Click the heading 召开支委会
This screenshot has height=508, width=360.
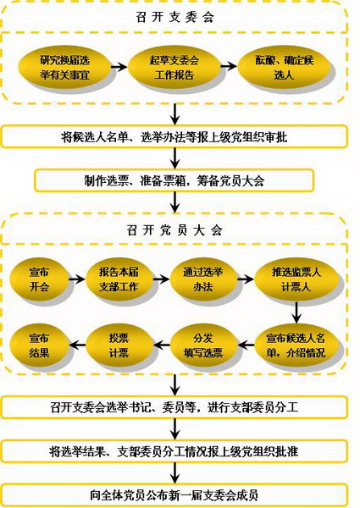174,17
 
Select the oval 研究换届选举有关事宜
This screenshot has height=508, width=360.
65,68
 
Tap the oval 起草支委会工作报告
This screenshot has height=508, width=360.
174,68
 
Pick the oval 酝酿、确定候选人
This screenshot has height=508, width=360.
284,68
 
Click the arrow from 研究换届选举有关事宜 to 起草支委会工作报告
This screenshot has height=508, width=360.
119,67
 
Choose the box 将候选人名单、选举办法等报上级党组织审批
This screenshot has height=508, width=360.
174,137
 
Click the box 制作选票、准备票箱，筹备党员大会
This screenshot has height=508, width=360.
174,180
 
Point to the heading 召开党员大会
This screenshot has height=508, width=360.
174,230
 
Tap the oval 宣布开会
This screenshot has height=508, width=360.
40,279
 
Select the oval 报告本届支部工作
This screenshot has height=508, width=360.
119,279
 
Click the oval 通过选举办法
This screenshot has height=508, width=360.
203,279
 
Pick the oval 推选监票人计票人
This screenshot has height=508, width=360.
296,279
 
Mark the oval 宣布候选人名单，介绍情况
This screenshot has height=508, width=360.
296,345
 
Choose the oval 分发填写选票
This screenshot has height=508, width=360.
203,345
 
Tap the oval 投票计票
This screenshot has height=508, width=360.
119,345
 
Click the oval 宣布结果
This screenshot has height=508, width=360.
40,345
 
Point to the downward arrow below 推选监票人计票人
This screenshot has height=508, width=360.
296,312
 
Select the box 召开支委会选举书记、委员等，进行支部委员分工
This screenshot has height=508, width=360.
174,407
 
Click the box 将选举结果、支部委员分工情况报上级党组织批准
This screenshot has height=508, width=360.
174,451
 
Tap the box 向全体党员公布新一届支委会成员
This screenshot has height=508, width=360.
174,495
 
